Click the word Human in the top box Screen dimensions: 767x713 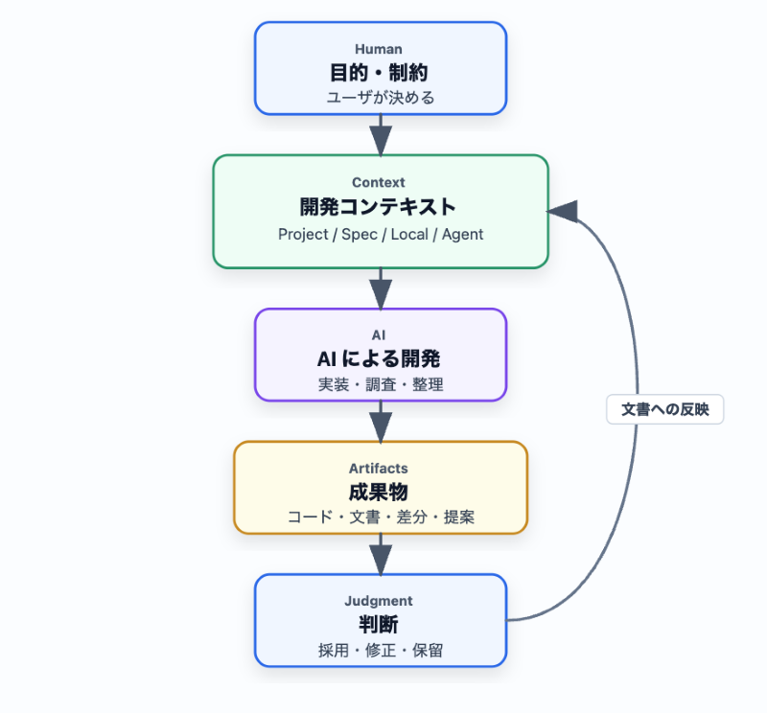click(379, 50)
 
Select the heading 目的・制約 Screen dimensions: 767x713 click(379, 73)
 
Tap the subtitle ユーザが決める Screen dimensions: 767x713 click(380, 98)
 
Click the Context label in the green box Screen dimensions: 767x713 click(379, 182)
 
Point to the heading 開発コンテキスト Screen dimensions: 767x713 click(378, 206)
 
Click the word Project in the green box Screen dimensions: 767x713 click(303, 234)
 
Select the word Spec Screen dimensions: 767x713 click(359, 234)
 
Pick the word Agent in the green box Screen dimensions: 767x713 click(462, 235)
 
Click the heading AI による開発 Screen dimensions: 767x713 click(379, 359)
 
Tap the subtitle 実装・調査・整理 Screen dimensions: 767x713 click(381, 384)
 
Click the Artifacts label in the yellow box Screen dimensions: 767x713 click(379, 469)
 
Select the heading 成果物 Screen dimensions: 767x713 click(379, 492)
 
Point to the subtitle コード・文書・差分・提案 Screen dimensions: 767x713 click(381, 517)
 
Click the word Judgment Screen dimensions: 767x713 click(379, 601)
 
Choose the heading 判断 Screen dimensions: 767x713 click(379, 625)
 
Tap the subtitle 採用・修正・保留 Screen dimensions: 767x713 click(381, 651)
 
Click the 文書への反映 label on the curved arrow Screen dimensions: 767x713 click(664, 409)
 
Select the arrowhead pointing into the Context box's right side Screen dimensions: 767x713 click(563, 212)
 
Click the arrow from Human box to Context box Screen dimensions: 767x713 click(381, 135)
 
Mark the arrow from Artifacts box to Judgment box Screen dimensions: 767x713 click(381, 554)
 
